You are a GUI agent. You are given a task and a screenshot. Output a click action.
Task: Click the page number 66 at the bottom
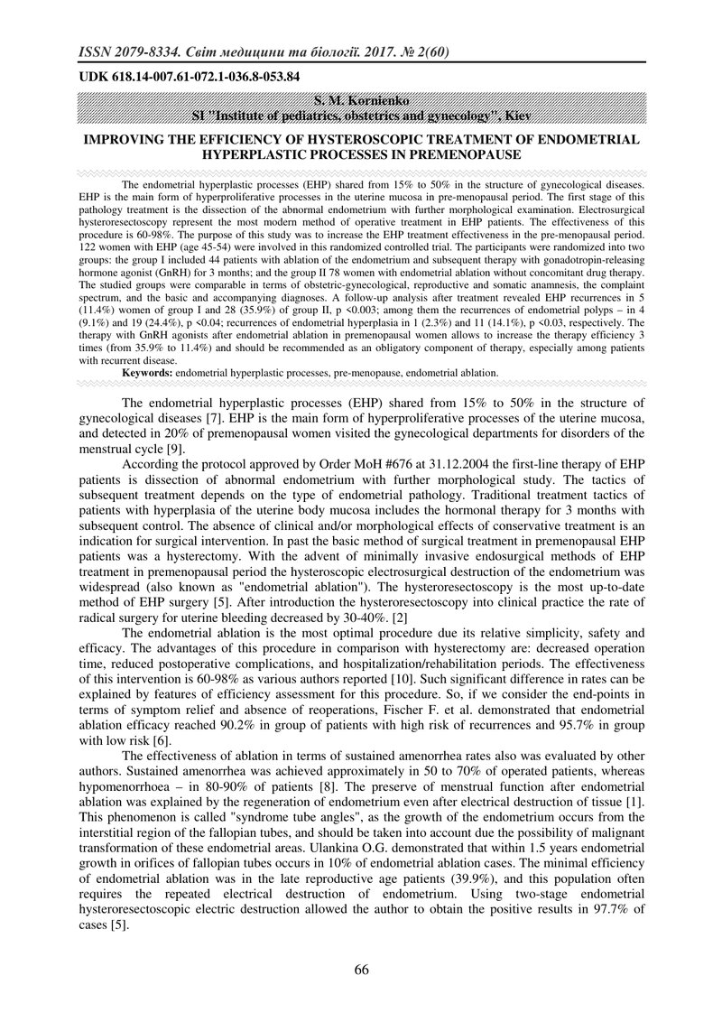(x=361, y=970)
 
